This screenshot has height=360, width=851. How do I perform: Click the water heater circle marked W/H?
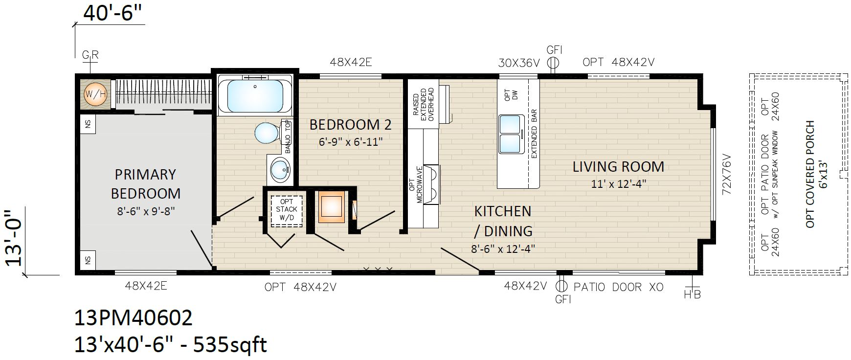[x=95, y=94]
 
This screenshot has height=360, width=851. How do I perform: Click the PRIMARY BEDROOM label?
[x=145, y=184]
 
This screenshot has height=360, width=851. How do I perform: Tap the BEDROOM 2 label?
[x=351, y=125]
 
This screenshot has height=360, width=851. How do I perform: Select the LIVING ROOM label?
[x=618, y=167]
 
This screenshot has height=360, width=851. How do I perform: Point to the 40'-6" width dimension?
[x=113, y=13]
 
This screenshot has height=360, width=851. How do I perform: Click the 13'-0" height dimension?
[x=15, y=238]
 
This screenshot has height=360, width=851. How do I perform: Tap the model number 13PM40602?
[x=133, y=318]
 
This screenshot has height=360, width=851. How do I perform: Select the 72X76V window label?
[x=726, y=175]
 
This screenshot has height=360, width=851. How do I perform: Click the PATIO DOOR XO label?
[x=618, y=287]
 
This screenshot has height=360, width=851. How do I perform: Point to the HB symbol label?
[x=693, y=293]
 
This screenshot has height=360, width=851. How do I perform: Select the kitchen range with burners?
[x=432, y=184]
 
